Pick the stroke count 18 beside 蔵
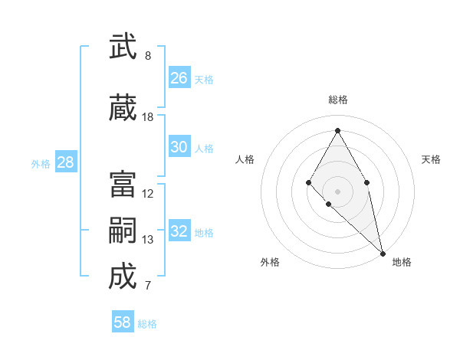tap(148, 117)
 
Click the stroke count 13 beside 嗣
tap(148, 240)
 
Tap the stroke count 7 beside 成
tap(148, 286)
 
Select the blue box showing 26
tap(179, 77)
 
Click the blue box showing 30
tap(179, 147)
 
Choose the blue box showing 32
tap(179, 231)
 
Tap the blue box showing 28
tap(65, 162)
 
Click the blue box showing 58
tap(123, 322)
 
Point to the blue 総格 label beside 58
tap(147, 324)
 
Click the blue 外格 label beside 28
tap(41, 164)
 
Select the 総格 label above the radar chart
tap(337, 100)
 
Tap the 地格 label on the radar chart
tap(402, 262)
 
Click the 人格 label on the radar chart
tap(245, 159)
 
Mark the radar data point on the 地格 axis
tap(383, 253)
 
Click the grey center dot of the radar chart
tap(337, 191)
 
